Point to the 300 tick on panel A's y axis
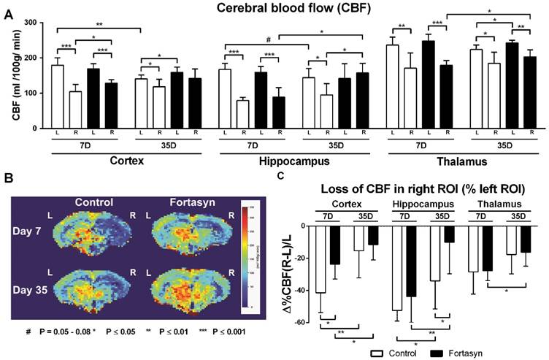30,23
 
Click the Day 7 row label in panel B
32,231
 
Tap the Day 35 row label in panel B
32,280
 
